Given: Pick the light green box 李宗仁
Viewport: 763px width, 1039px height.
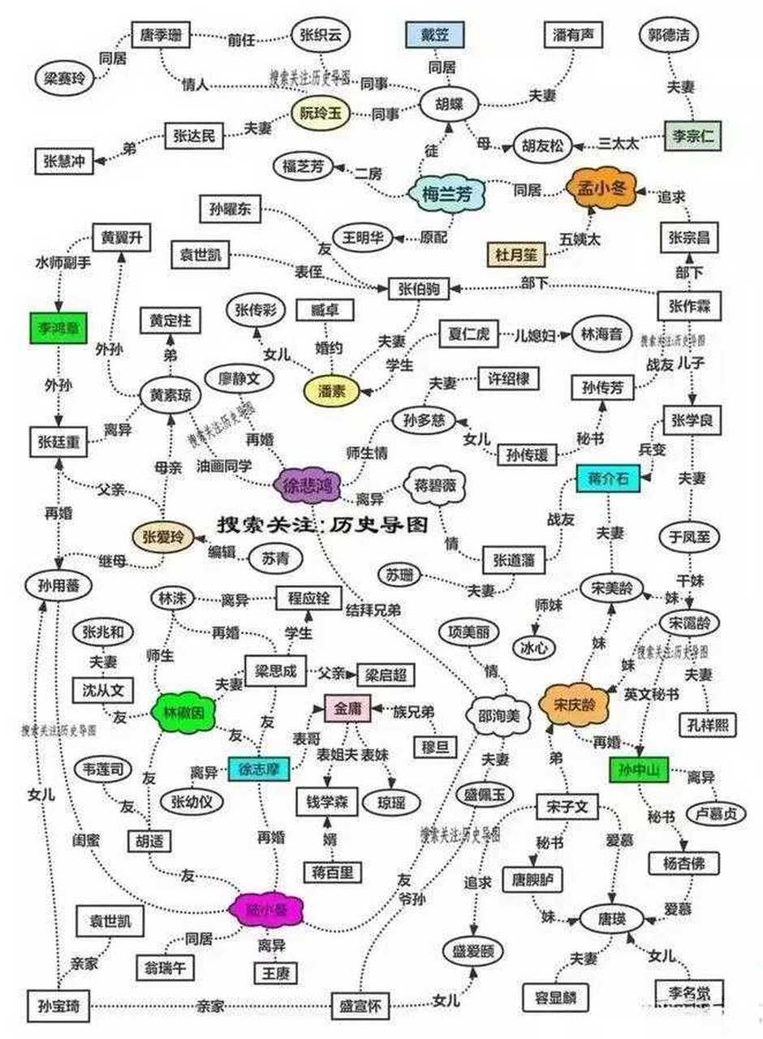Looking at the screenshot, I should [x=692, y=136].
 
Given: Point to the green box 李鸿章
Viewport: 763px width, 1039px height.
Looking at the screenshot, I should [x=57, y=327].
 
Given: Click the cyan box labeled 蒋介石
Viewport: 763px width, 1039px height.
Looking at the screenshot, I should [x=604, y=478].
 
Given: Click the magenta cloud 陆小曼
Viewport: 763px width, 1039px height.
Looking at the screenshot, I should [x=269, y=909].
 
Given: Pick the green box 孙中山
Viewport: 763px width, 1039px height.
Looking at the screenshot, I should [x=638, y=769].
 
